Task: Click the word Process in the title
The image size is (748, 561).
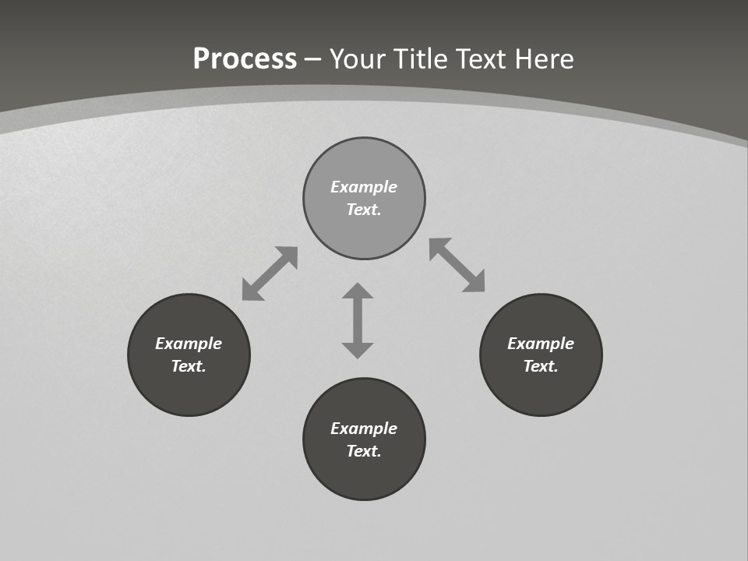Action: (245, 59)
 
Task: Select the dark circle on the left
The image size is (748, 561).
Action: (189, 390)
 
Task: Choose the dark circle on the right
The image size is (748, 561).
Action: (541, 390)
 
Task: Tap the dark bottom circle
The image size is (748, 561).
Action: (364, 475)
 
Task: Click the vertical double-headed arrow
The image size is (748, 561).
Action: (358, 320)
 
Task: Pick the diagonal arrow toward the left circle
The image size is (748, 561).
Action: (270, 273)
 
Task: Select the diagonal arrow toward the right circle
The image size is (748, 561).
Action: (457, 265)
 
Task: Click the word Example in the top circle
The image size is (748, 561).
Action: (364, 187)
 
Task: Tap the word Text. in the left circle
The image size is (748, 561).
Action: (189, 366)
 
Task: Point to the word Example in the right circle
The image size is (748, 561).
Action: (541, 344)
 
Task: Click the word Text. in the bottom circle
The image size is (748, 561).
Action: (364, 451)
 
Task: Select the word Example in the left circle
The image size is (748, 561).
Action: (189, 344)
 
